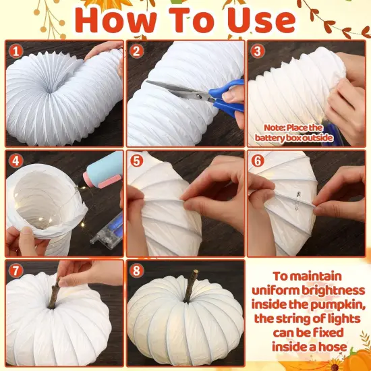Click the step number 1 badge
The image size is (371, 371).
click(x=15, y=51)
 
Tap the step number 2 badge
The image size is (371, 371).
click(x=136, y=51)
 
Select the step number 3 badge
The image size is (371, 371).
click(x=257, y=51)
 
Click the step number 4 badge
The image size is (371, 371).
click(x=15, y=161)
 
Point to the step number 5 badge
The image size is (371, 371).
click(x=136, y=161)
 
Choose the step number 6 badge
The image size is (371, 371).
click(x=257, y=161)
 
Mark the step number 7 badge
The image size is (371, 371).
click(x=15, y=271)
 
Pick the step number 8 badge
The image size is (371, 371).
click(x=136, y=271)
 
